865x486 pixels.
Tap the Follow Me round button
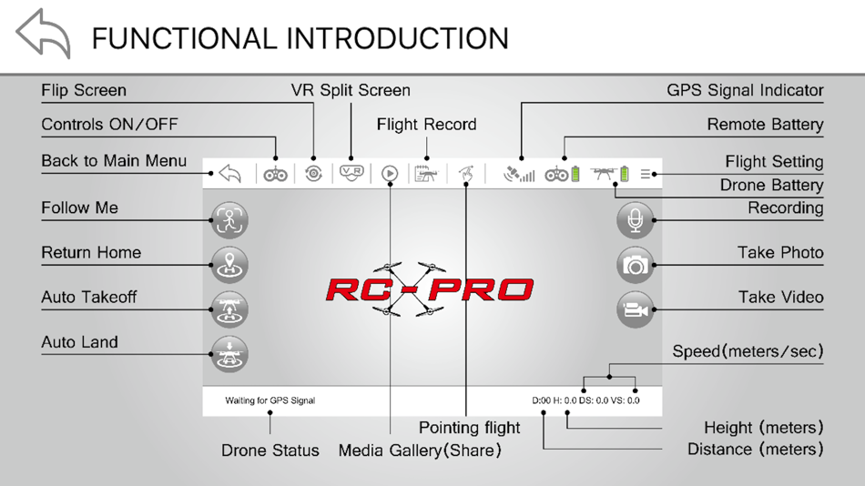[x=229, y=219]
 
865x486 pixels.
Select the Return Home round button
[x=229, y=264]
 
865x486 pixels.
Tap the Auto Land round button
[x=229, y=354]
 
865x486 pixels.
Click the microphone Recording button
[x=635, y=219]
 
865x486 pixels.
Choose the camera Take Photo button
[x=635, y=265]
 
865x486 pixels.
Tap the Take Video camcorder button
[x=635, y=309]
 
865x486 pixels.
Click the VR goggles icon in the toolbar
[x=351, y=173]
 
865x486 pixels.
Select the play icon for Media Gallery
[x=390, y=173]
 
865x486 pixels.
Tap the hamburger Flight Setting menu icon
[x=646, y=174]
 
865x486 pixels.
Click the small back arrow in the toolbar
[x=229, y=173]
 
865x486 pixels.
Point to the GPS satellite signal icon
[x=518, y=173]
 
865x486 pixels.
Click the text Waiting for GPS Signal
[x=270, y=400]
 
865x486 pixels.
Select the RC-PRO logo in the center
[x=429, y=290]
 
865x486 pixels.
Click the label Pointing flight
[x=469, y=428]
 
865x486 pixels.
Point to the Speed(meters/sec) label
[x=748, y=351]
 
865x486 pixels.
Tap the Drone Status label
[x=270, y=451]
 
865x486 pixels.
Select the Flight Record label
[x=426, y=125]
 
